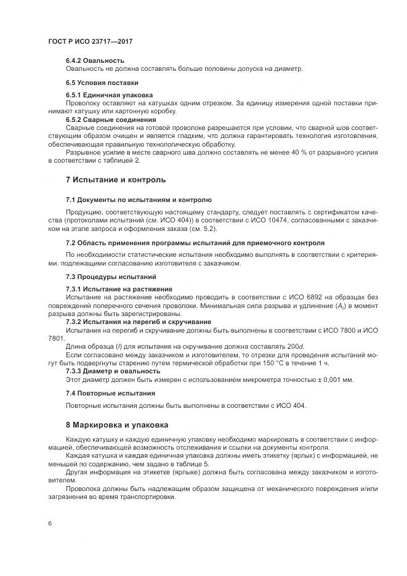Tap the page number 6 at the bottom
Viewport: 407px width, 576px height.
point(49,523)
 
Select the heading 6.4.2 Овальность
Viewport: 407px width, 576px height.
point(95,60)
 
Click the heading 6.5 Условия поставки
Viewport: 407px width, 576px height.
point(102,82)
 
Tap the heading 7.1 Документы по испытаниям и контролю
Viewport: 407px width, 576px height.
point(139,200)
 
